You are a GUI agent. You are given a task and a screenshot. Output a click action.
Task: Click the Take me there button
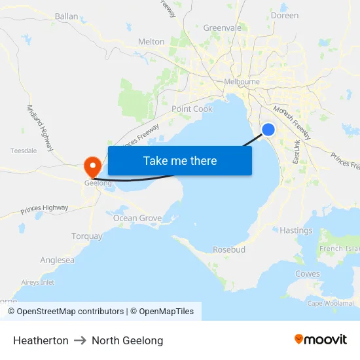point(180,160)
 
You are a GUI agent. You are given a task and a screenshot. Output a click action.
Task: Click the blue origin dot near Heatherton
point(268,130)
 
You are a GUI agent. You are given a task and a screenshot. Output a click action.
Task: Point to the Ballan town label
point(66,16)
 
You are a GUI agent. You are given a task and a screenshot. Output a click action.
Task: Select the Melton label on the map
point(151,41)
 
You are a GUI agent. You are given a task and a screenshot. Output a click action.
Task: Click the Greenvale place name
point(222,28)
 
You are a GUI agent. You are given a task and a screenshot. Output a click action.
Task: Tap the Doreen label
point(284,15)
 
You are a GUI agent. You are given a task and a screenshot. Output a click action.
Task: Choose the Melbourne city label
point(242,81)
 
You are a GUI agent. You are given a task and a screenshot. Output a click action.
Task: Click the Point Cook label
point(192,109)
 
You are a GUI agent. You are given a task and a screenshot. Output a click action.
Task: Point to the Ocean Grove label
point(137,218)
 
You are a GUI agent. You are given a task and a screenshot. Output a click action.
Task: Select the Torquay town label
point(87,236)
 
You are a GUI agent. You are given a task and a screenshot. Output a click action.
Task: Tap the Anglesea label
point(57,260)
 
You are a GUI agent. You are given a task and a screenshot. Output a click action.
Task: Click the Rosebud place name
point(229,250)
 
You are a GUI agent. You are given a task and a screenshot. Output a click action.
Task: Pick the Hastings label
point(296,230)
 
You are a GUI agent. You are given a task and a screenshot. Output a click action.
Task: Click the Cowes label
point(308,274)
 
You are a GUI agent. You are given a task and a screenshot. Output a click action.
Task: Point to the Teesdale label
point(24,151)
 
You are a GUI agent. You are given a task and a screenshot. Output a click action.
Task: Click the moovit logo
point(321,339)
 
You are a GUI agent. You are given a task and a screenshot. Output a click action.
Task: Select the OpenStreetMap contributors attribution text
point(70,312)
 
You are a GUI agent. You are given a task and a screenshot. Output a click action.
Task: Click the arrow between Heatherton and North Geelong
point(81,340)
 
